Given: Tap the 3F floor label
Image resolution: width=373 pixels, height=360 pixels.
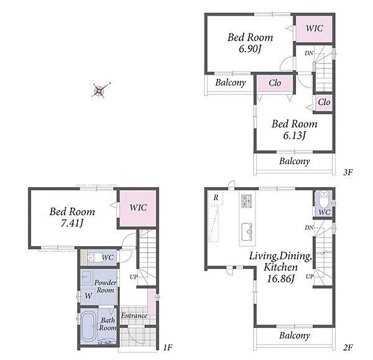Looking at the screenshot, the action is (x=348, y=172).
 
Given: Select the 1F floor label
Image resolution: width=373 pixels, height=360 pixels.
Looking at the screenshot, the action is (x=167, y=348).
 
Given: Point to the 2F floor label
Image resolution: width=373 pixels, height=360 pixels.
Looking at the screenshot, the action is (x=348, y=348).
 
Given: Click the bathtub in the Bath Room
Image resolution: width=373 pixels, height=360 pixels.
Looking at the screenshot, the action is (x=88, y=326).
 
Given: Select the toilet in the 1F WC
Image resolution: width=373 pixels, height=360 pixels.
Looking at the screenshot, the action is (x=94, y=257).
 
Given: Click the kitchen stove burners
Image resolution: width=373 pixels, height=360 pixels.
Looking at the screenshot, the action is (x=247, y=201).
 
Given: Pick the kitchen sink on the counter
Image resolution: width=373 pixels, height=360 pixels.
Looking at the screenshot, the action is (x=247, y=231).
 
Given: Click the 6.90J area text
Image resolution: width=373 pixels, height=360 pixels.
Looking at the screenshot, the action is (x=250, y=49).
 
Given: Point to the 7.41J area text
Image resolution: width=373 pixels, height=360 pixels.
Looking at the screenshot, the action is (x=72, y=223).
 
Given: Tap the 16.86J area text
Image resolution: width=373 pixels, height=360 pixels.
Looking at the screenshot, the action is (x=281, y=279).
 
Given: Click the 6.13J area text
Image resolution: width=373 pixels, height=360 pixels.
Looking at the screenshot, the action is (x=294, y=136).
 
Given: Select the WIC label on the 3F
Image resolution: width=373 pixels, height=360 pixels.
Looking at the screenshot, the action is (x=314, y=29).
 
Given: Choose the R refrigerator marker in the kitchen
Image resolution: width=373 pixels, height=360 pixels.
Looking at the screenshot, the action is (x=216, y=198).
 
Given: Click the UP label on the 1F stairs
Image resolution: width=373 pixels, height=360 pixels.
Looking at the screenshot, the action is (x=134, y=277).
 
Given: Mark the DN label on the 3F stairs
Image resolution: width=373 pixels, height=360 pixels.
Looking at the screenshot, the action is (x=309, y=53).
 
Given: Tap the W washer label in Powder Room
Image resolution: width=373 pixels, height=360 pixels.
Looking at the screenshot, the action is (x=88, y=296).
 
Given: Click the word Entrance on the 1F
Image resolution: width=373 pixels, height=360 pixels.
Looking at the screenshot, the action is (x=134, y=316).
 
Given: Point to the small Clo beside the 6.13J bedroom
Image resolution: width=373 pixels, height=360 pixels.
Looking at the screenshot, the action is (x=324, y=103).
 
